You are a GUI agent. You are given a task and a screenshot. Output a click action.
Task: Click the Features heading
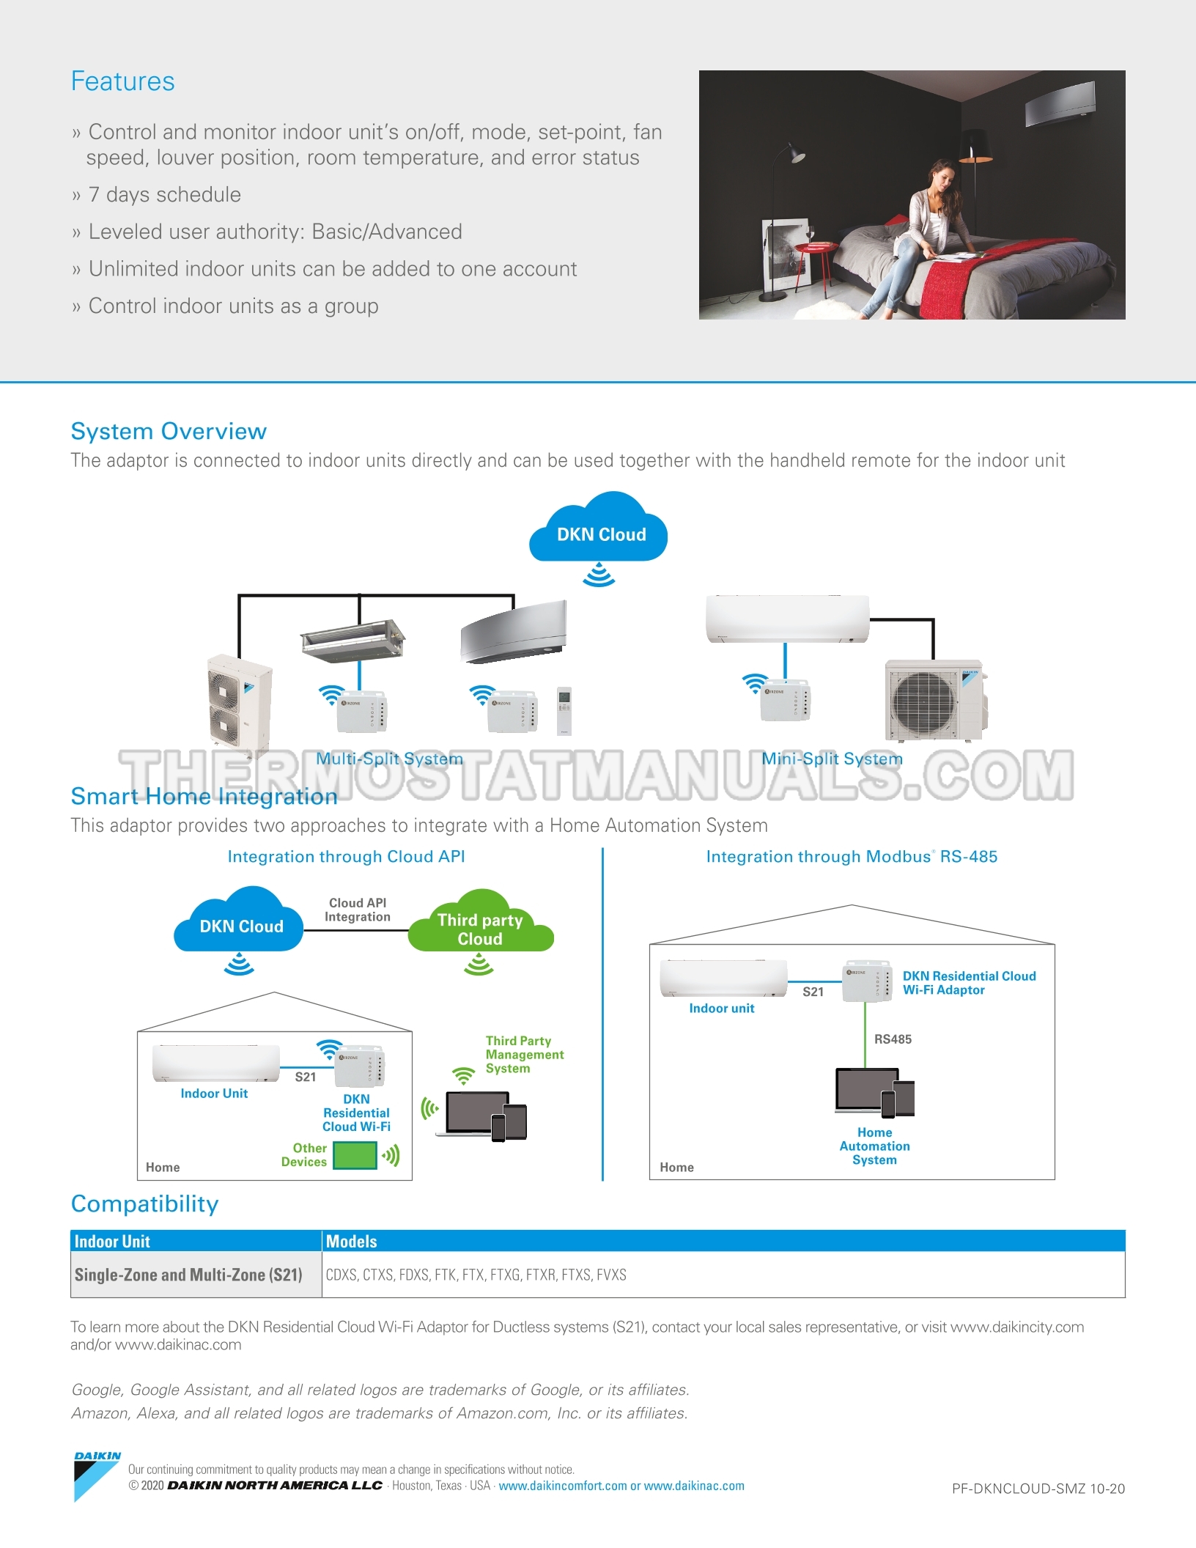click(x=122, y=81)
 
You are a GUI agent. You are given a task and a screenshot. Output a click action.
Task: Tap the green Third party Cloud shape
click(x=480, y=928)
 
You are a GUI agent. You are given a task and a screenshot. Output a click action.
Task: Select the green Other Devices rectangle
click(x=355, y=1155)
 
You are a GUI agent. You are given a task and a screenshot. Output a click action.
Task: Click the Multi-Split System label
click(x=389, y=759)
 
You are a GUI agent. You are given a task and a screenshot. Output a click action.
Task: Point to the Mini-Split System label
click(x=832, y=759)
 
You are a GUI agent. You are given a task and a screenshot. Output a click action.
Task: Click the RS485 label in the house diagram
click(x=893, y=1039)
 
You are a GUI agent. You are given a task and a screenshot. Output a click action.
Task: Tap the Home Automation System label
click(x=874, y=1146)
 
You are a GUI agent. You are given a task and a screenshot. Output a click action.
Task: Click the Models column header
click(x=352, y=1242)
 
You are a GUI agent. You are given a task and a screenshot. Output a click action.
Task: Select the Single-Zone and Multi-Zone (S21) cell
click(x=188, y=1275)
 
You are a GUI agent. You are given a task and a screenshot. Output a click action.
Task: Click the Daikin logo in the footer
click(x=97, y=1475)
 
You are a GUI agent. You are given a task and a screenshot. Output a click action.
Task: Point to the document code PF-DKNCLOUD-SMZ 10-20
click(x=1038, y=1489)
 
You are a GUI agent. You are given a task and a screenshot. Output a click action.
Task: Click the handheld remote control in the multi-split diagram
click(x=564, y=709)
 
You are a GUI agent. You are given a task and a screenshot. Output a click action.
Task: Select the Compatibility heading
click(x=144, y=1204)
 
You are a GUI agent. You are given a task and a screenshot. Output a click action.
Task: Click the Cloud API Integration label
click(x=358, y=910)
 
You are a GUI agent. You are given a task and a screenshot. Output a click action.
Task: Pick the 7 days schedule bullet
click(x=164, y=195)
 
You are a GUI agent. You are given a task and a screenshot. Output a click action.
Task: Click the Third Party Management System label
click(x=524, y=1055)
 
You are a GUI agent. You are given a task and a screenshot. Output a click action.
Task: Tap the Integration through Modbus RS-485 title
click(x=852, y=857)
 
